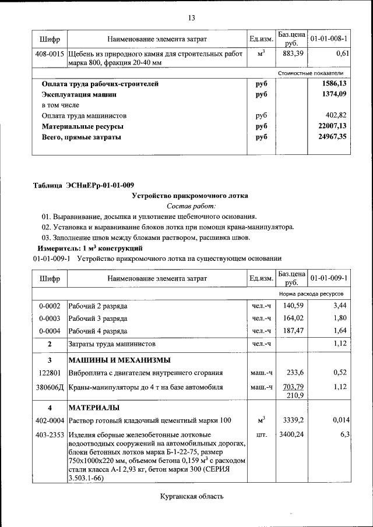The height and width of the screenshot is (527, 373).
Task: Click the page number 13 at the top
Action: point(191,18)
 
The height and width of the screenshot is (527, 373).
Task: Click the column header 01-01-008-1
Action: point(329,39)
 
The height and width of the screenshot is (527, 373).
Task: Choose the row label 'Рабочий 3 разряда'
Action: point(98,319)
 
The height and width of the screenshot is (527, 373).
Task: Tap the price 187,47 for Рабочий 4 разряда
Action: point(293,331)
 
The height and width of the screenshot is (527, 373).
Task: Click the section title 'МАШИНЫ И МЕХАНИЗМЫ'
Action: point(119,359)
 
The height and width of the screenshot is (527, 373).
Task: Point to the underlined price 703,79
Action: point(293,387)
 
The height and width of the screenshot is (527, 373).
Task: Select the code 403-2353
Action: point(50,434)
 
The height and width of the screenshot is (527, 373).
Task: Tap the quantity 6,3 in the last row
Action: point(343,434)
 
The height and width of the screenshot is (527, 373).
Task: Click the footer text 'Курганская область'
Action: point(191,497)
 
